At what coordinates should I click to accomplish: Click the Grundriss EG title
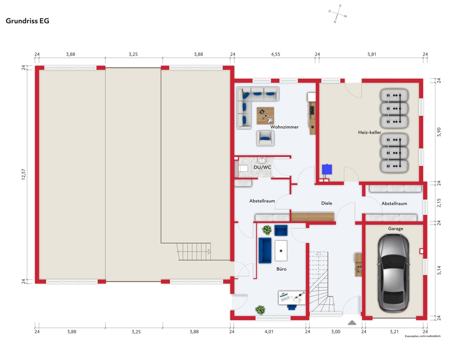pos(27,21)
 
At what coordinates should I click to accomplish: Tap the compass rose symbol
pos(338,14)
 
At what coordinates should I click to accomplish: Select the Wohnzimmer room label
pos(284,127)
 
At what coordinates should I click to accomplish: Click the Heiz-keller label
pos(369,132)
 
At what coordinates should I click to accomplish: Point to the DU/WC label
pos(262,167)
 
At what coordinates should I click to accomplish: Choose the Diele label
pos(327,203)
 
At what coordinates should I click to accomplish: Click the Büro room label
pos(281,269)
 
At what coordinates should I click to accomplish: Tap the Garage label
pos(395,229)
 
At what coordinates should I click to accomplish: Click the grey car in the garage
pos(393,273)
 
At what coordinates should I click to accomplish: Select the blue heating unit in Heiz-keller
pos(327,169)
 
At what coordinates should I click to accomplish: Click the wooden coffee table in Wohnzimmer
pos(265,116)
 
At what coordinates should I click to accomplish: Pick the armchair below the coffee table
pos(265,138)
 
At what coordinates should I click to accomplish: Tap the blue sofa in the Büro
pos(265,251)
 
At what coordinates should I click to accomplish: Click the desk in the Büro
pos(292,298)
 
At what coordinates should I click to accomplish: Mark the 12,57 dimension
pos(24,174)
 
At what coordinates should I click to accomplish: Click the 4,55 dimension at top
pos(275,54)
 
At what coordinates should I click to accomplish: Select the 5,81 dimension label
pos(372,54)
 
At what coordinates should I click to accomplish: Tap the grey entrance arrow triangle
pos(352,322)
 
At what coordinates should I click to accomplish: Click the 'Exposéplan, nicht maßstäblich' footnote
pos(422,336)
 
